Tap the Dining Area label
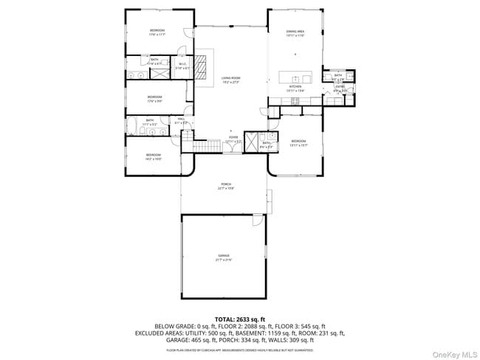click(295, 32)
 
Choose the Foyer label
click(233, 139)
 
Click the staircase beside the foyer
click(209, 146)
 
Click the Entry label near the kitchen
click(340, 89)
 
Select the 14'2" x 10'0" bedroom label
click(154, 157)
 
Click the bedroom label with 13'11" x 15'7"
click(298, 142)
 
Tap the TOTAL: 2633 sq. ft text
click(240, 319)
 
